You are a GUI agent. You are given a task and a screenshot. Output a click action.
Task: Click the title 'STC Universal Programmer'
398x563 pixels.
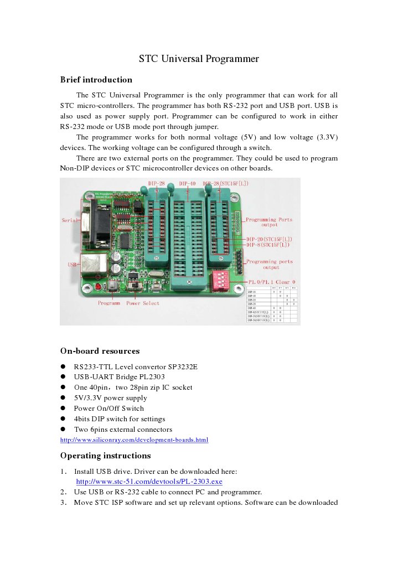pos(199,59)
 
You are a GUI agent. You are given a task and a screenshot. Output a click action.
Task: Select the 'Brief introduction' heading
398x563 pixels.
pos(96,80)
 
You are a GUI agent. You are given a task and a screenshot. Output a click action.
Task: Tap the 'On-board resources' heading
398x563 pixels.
pos(100,351)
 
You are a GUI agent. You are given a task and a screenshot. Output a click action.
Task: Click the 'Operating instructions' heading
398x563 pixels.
pos(105,456)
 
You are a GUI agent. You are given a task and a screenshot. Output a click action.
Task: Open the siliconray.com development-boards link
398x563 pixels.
pos(134,440)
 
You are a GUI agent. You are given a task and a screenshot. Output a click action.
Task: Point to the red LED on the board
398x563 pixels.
pos(98,287)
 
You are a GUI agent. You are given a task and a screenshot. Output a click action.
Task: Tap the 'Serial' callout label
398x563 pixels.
pos(69,220)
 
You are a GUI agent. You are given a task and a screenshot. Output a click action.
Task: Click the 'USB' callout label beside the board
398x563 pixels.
pos(73,265)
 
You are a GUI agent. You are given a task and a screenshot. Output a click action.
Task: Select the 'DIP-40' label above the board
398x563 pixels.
pos(187,183)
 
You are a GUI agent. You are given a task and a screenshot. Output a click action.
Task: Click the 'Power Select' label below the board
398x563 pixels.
pos(142,303)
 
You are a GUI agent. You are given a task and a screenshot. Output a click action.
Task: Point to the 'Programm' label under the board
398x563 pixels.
pos(109,303)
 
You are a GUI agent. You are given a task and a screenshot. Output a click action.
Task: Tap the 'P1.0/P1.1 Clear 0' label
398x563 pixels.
pos(271,282)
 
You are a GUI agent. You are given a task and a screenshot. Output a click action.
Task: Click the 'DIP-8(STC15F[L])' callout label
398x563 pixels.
pos(268,244)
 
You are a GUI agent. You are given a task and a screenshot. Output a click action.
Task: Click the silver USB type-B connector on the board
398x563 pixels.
pos(93,265)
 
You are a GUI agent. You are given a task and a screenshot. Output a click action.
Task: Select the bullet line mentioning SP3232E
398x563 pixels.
pos(136,366)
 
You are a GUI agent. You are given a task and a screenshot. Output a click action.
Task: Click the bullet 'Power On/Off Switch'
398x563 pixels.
pos(108,409)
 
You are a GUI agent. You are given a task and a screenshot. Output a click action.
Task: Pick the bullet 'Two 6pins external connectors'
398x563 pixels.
pos(123,430)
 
